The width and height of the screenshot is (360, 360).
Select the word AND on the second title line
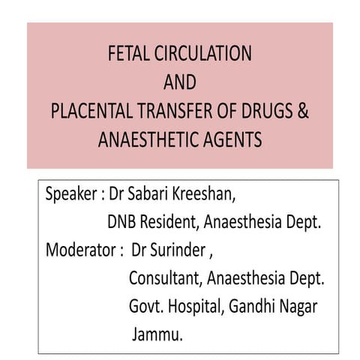(x=179, y=82)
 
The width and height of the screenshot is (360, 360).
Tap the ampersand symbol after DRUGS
(x=303, y=112)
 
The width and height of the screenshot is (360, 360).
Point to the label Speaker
(x=70, y=194)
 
